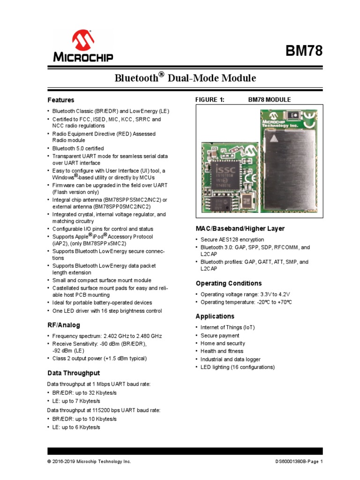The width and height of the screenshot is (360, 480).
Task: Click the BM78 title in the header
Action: point(304,51)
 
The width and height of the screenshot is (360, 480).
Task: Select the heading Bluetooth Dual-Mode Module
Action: point(186,77)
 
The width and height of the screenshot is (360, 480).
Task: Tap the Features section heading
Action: point(60,100)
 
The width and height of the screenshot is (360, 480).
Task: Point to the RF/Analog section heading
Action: point(63,325)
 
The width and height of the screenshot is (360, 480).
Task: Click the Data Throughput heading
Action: point(74,373)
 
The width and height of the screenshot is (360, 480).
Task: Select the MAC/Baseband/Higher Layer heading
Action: point(240,228)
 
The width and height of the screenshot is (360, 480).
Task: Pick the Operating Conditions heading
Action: point(228,283)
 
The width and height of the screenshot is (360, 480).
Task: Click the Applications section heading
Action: point(214,316)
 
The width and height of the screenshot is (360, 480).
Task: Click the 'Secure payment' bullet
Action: point(220,336)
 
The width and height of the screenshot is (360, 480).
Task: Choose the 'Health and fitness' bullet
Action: point(222,351)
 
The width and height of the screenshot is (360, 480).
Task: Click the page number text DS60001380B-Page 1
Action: point(299,462)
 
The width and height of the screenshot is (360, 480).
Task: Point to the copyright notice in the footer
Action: point(89,462)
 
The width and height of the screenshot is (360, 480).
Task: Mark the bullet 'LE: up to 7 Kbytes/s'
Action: point(76,401)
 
